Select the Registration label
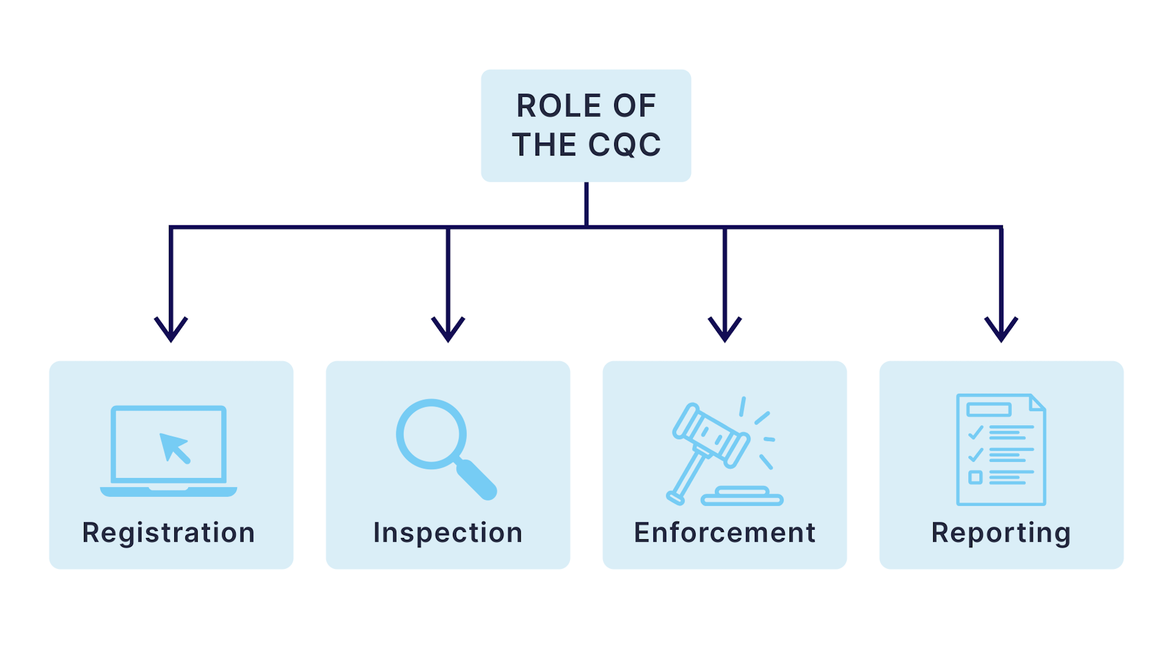tap(169, 533)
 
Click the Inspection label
tap(448, 533)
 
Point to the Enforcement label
tap(725, 533)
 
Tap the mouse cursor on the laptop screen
tap(174, 447)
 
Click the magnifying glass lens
tap(432, 434)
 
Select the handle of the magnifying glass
tap(476, 479)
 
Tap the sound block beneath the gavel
tap(743, 496)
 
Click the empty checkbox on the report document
tap(975, 477)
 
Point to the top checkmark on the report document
tap(976, 433)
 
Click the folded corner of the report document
tap(1037, 402)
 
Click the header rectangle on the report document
tap(989, 409)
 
